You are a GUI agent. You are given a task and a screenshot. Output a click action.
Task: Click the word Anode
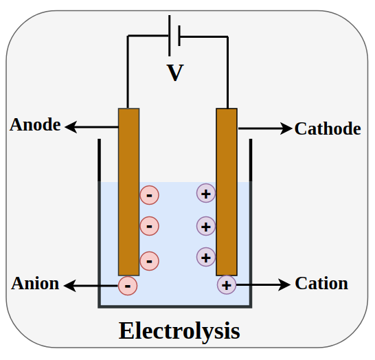coord(35,126)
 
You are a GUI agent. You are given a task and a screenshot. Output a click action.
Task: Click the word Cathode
coord(328,128)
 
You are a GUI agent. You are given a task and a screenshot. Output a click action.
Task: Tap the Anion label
coord(35,283)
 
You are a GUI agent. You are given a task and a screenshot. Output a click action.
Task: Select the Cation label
coord(321,283)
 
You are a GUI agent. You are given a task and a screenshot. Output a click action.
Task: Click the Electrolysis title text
coord(179,330)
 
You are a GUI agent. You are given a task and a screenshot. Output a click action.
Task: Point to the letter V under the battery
coord(175,73)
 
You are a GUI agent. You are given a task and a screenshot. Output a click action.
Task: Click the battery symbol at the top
coord(174,34)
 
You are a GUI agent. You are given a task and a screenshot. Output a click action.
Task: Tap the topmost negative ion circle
coord(149,196)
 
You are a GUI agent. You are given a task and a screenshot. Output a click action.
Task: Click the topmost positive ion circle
coord(206,193)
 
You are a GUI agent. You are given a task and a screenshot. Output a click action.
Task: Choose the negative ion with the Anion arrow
coord(128,284)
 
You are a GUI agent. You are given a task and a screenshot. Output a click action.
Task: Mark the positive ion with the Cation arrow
coord(227,284)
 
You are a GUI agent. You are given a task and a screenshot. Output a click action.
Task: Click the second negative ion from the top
coord(149,225)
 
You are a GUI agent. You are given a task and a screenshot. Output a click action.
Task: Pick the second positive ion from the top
coord(206,225)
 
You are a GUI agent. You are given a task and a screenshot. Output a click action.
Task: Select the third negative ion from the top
coord(149,260)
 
